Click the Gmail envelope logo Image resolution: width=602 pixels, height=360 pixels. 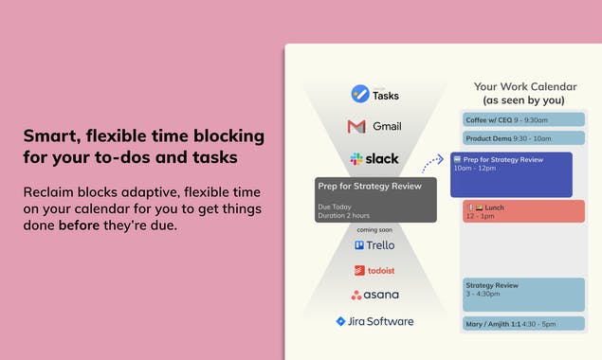click(x=356, y=126)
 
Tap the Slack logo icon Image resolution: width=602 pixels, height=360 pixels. click(x=356, y=158)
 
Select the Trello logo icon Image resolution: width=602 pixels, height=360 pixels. click(x=360, y=244)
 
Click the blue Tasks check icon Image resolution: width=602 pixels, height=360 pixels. click(x=359, y=94)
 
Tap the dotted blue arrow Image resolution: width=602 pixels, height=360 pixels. click(x=433, y=163)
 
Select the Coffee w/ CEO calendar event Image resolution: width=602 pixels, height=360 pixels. click(x=523, y=120)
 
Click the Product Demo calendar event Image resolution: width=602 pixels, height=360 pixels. click(x=523, y=138)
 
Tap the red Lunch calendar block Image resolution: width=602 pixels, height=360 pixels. click(x=523, y=210)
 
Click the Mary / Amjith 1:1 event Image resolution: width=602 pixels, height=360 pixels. click(x=523, y=324)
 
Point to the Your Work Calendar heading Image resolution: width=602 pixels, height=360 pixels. click(x=524, y=86)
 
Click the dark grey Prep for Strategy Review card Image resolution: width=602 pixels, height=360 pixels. click(x=375, y=199)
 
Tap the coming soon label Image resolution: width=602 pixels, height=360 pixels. click(x=374, y=229)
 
